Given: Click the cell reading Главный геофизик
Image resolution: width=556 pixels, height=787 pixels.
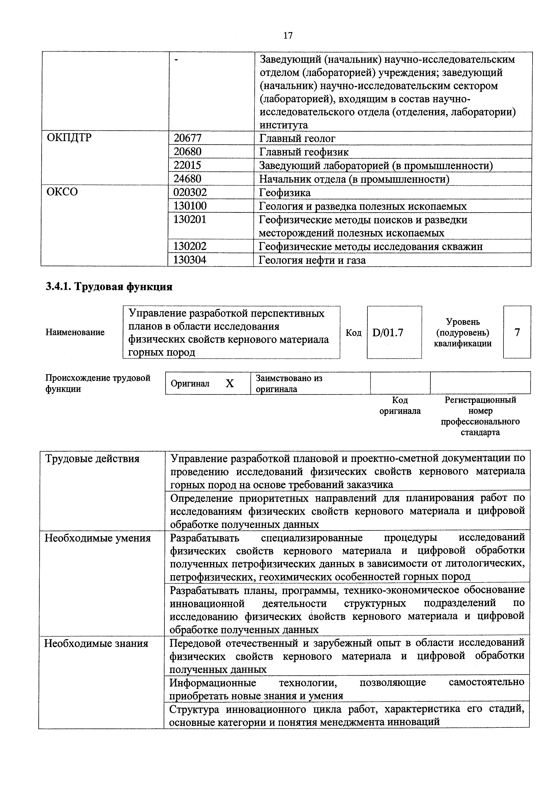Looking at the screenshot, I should pos(304,152).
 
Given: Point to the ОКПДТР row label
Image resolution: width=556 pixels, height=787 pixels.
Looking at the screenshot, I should pos(69,138).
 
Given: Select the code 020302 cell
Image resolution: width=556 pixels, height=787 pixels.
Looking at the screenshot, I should pos(190,192).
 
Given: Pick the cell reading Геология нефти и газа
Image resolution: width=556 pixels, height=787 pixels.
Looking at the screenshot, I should pos(312,260).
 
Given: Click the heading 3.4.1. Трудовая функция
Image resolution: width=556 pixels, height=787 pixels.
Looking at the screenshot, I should pos(109,286).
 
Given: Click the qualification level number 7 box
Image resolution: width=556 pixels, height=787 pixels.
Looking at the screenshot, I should pos(517,332).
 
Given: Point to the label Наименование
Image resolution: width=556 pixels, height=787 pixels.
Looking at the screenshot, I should pos(75,332).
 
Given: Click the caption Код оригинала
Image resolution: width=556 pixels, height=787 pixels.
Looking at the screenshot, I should pos(400,405).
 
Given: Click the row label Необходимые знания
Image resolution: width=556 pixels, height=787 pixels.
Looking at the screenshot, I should pos(97,644).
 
